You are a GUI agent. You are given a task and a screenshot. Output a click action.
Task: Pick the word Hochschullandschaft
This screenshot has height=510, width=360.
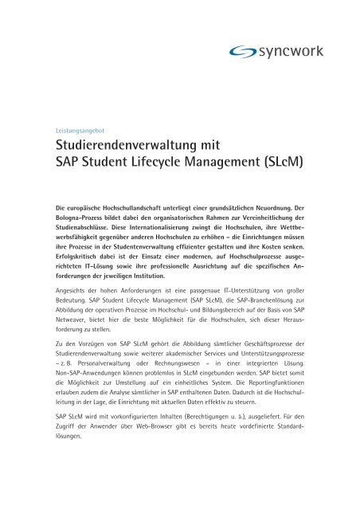[x=141, y=207]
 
